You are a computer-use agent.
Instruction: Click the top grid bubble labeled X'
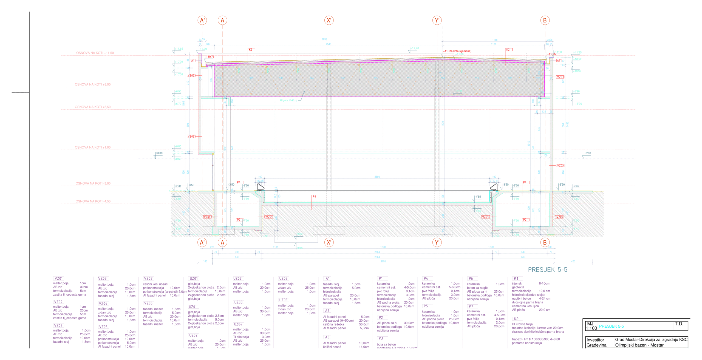pos(329,20)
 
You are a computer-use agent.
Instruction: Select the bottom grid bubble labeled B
pos(545,242)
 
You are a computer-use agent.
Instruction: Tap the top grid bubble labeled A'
pos(202,20)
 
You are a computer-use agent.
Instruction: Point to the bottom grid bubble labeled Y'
pos(437,242)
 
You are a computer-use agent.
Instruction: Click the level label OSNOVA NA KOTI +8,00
pos(93,84)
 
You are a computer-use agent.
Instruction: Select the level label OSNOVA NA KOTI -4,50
pos(93,201)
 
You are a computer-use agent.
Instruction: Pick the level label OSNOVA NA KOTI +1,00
pos(93,147)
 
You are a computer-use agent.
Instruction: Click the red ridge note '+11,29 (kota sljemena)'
pos(457,51)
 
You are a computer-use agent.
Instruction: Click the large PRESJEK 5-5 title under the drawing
pos(547,270)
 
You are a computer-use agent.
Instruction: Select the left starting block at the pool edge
pos(260,187)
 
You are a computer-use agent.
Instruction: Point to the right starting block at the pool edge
pos(494,187)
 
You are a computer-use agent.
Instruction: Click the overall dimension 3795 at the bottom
pos(383,261)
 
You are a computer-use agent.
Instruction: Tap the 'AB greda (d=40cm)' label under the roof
pos(288,100)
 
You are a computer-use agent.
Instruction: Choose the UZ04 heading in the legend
pos(238,324)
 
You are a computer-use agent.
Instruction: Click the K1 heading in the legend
pos(516,278)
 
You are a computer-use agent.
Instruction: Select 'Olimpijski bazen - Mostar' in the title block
pos(639,345)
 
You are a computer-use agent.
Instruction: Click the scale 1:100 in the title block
pos(591,328)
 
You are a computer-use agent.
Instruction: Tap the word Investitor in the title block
pos(595,340)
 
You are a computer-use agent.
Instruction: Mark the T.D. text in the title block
pos(679,324)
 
